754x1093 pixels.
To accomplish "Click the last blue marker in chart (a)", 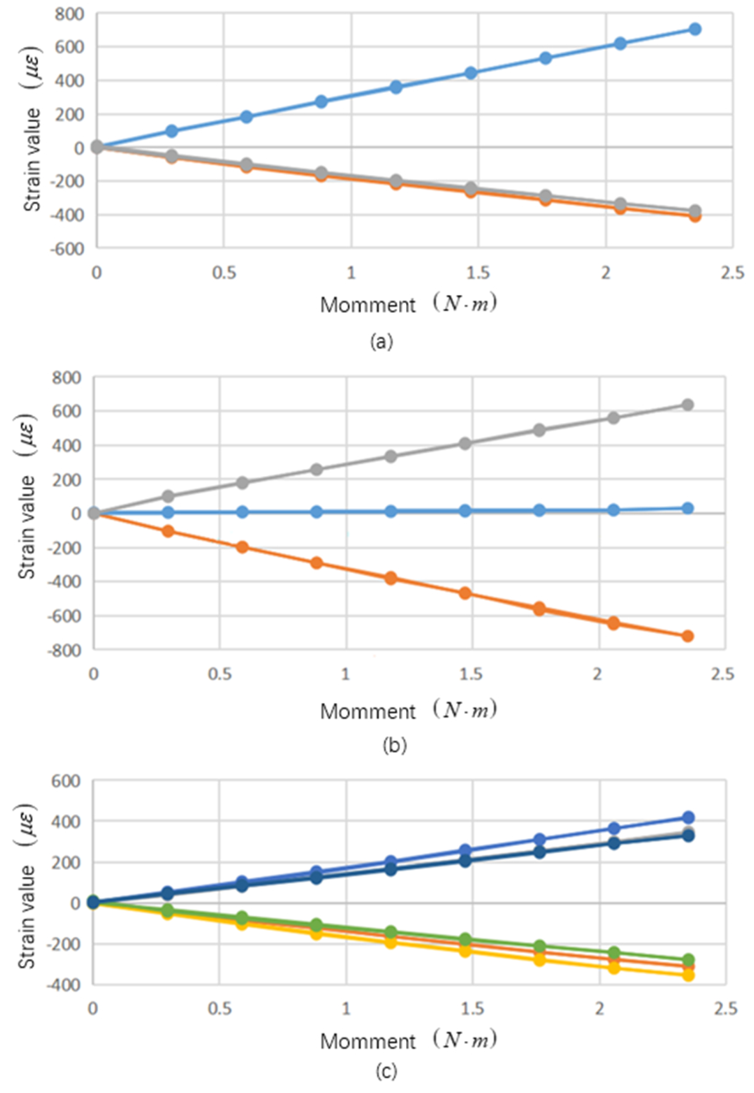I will (694, 29).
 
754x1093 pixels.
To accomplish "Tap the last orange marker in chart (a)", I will (694, 216).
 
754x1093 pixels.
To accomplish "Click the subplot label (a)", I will (381, 341).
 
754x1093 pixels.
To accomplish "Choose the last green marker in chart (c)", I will (688, 960).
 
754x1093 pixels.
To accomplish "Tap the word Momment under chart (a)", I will (368, 305).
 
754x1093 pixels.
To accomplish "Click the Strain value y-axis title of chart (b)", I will (28, 527).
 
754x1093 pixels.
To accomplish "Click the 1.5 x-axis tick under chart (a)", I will (478, 273).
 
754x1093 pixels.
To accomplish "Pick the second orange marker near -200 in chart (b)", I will (242, 547).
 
